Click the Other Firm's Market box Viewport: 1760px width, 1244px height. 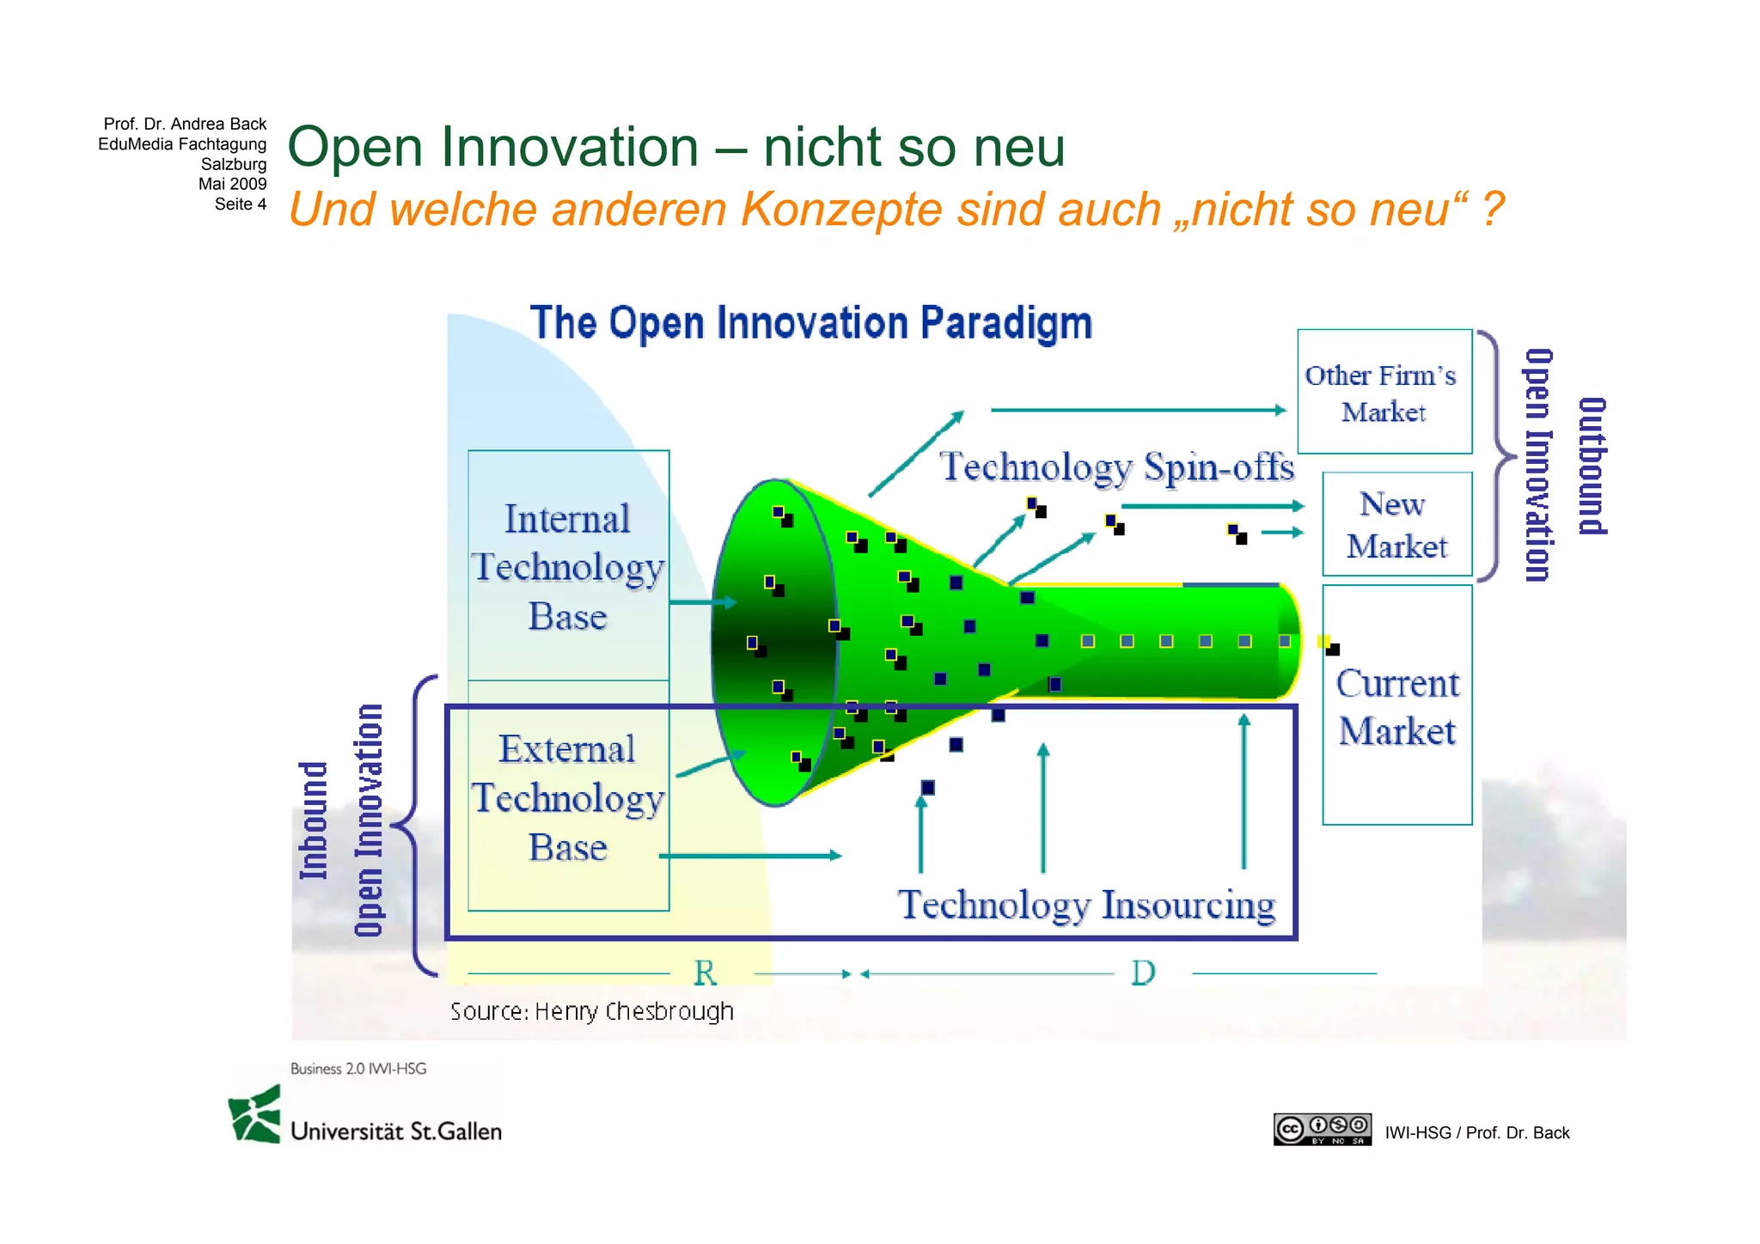pos(1384,392)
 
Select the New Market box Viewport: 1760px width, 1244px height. pos(1396,524)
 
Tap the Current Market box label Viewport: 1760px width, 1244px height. pos(1396,706)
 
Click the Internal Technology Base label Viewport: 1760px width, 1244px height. pos(567,567)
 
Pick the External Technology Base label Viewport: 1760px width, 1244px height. pos(567,797)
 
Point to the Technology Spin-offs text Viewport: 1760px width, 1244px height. pos(1115,466)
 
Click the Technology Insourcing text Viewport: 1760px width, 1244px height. pos(1086,905)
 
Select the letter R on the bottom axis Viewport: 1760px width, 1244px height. pos(705,973)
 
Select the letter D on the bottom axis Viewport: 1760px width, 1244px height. pos(1143,973)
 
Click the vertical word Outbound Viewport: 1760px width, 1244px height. pos(1592,466)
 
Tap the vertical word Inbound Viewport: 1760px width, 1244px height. pos(314,820)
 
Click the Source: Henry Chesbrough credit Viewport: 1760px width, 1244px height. pos(591,1011)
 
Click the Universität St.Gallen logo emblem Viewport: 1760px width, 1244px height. pos(255,1115)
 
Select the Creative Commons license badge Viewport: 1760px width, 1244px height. pos(1322,1129)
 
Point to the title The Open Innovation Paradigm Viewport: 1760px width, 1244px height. pos(810,323)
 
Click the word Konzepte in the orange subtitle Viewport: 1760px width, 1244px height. pos(841,209)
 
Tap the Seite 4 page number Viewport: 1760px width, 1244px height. pos(240,204)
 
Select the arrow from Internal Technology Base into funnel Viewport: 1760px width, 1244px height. pos(702,602)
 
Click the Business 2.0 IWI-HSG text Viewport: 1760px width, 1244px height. pos(358,1069)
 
